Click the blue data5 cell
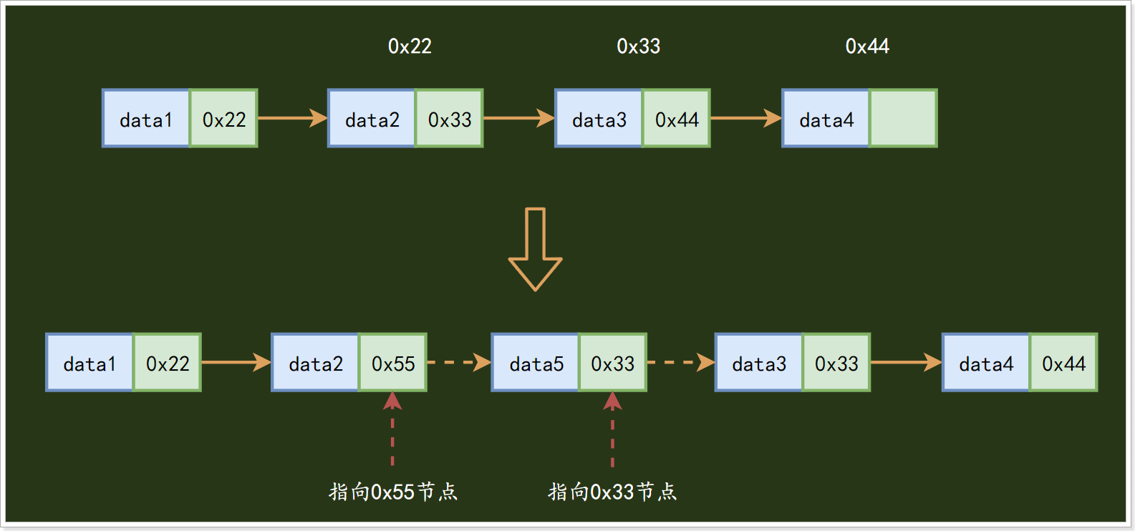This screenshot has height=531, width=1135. click(535, 363)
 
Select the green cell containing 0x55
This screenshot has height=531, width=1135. click(393, 363)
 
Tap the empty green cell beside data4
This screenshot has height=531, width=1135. click(903, 119)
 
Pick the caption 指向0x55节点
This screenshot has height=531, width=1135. click(392, 492)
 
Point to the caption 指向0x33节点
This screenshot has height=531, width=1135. click(612, 492)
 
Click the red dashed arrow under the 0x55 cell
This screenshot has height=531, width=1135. click(392, 429)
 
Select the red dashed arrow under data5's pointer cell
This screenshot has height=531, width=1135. click(612, 429)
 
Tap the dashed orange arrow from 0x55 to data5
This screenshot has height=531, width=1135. click(459, 362)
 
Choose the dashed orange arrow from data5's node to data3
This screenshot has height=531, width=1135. click(680, 362)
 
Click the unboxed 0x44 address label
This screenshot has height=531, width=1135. click(867, 47)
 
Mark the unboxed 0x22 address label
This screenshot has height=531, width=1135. click(410, 47)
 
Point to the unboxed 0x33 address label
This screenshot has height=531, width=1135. click(638, 47)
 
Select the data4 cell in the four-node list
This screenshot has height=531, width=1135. click(826, 119)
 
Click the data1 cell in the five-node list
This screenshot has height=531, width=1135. click(90, 363)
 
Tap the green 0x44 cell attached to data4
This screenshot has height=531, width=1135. click(1063, 363)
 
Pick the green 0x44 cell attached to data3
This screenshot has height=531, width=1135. click(676, 119)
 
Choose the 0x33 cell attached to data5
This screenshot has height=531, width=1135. click(612, 363)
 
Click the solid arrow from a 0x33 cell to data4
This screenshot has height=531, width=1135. click(906, 362)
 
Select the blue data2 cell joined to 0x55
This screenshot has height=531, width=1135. click(315, 363)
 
